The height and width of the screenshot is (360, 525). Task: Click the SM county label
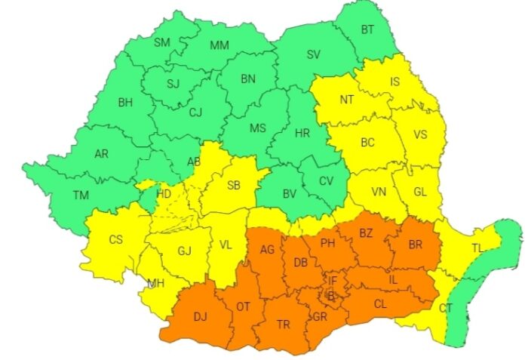(162, 42)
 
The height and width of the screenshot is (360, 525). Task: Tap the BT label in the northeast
(367, 30)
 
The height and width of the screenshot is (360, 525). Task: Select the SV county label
(313, 54)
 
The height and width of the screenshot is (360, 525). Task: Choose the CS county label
(115, 240)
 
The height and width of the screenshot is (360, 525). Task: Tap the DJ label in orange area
(200, 318)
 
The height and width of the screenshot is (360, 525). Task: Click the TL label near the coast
(479, 248)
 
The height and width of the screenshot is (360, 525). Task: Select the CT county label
(446, 308)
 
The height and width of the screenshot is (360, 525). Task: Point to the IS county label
(395, 82)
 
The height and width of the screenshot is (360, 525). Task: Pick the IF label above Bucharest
(332, 281)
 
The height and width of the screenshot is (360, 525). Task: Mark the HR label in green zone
(302, 134)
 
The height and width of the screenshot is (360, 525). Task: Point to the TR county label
(283, 325)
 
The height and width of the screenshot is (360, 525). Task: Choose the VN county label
(379, 192)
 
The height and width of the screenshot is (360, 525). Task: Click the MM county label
(220, 45)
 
